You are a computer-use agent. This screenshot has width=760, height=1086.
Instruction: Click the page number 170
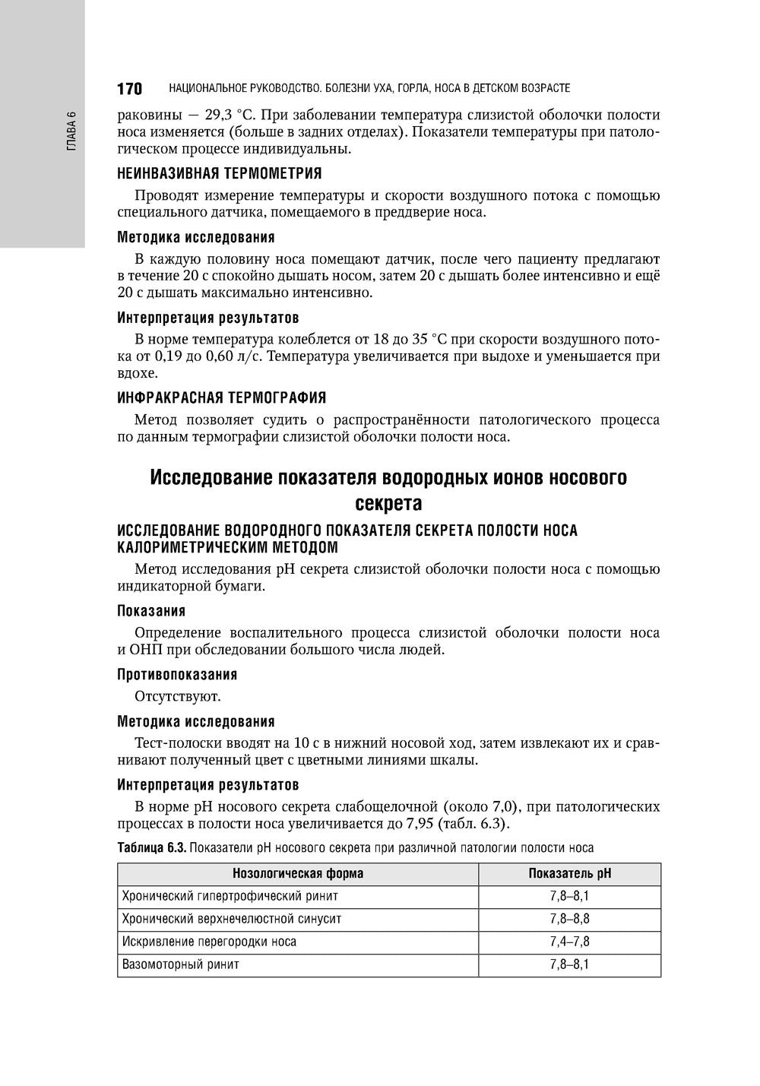[x=129, y=89]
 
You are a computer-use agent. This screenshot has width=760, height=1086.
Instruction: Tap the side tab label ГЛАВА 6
[x=72, y=131]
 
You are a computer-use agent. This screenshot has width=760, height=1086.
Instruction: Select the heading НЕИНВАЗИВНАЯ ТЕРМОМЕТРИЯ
[x=220, y=173]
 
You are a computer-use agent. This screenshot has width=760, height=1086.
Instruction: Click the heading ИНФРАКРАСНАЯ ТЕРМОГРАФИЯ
[x=222, y=397]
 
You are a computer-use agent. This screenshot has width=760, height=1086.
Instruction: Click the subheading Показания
[x=151, y=610]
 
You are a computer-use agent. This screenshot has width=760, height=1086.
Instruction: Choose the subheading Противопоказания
[x=177, y=674]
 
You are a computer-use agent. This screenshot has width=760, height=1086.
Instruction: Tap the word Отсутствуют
[x=177, y=695]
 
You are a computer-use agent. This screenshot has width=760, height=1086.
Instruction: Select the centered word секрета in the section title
[x=388, y=503]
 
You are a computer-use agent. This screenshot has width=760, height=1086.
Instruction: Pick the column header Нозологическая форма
[x=298, y=873]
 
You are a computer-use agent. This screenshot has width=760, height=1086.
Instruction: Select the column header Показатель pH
[x=569, y=873]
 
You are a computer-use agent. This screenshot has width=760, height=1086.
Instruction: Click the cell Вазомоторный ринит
[x=181, y=964]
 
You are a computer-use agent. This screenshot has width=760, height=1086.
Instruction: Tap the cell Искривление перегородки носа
[x=209, y=942]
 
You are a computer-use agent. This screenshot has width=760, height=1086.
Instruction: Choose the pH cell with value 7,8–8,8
[x=569, y=919]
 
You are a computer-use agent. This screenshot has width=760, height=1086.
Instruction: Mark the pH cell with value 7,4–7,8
[x=569, y=942]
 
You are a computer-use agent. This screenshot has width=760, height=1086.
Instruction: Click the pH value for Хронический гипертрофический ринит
[x=569, y=896]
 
